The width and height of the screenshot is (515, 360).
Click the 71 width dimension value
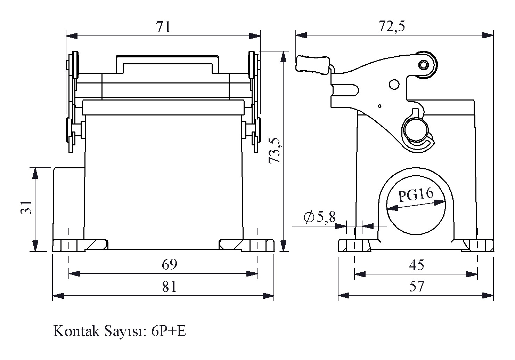point(163,27)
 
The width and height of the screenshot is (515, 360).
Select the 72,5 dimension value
point(392,26)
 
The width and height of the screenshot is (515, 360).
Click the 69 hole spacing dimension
point(170,265)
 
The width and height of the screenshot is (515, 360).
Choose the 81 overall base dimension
point(170,287)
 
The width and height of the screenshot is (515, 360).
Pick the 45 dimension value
point(416,265)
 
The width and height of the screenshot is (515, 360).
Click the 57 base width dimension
point(416,287)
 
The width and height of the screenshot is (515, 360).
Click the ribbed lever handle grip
point(313,65)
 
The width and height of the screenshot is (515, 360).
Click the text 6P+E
point(169,331)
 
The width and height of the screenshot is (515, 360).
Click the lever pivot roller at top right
point(424,65)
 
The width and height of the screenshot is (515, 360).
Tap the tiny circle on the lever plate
point(380,106)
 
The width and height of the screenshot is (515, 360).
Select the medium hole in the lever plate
point(394,85)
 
